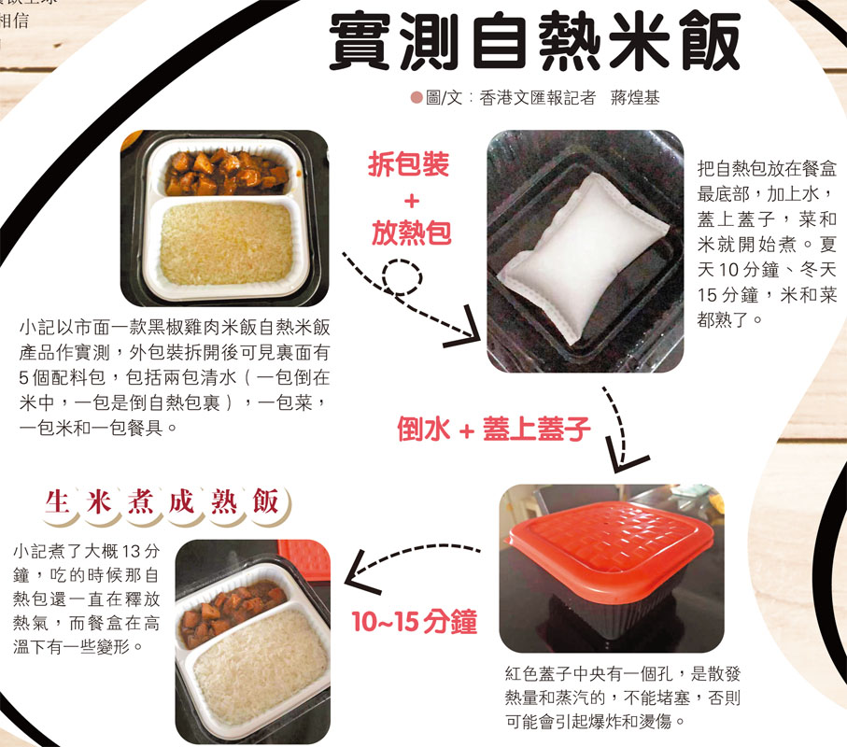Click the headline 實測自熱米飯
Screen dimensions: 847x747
tap(534, 42)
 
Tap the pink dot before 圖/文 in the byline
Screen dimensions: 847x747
tap(416, 98)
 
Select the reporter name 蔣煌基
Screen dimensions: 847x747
tap(635, 98)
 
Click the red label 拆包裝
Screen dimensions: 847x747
tap(408, 164)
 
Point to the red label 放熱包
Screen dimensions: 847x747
tap(411, 233)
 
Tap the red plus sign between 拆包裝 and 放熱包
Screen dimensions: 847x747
tap(412, 201)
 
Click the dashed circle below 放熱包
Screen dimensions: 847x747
tap(402, 277)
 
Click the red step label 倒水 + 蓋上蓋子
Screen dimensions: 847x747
tap(493, 430)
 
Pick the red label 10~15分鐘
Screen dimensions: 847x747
tap(415, 621)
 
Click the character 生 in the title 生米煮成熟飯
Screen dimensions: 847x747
tap(57, 501)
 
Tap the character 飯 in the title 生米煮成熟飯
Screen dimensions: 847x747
tap(265, 501)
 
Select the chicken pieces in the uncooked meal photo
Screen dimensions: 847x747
tap(226, 172)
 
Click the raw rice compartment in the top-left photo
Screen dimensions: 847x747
tap(226, 243)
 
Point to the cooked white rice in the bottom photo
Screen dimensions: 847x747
tap(261, 667)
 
